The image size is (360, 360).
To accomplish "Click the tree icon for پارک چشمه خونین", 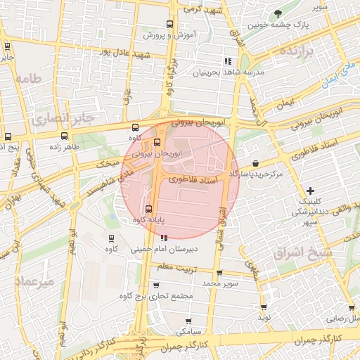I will (x=279, y=14).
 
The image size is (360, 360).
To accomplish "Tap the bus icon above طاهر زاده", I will (x=64, y=136).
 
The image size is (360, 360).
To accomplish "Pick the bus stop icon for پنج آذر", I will (x=7, y=136).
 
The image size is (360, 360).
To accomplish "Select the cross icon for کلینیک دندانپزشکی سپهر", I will (x=310, y=190).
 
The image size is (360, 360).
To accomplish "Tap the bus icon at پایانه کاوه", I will (x=148, y=209).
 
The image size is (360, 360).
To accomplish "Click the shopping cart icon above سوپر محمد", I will (x=219, y=272).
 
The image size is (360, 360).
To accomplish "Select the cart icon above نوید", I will (x=264, y=307).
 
